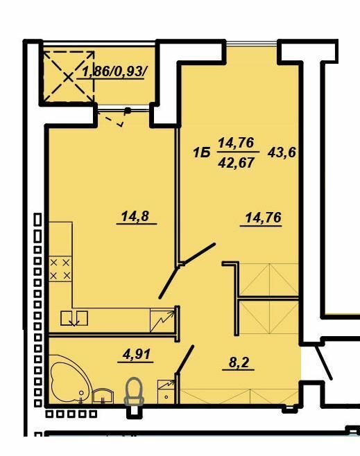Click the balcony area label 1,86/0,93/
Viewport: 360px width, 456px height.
point(114,71)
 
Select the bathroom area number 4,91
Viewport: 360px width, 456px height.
point(136,355)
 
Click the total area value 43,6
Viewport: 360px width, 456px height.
point(282,152)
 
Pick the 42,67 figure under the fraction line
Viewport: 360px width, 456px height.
point(237,164)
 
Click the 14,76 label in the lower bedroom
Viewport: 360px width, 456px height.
point(262,218)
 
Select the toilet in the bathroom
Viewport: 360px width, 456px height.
point(133,392)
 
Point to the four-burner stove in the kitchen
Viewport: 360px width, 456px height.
point(60,268)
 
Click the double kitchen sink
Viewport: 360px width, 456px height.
point(74,317)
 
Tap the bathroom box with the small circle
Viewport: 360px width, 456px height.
point(165,390)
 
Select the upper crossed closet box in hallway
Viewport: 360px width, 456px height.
point(268,279)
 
